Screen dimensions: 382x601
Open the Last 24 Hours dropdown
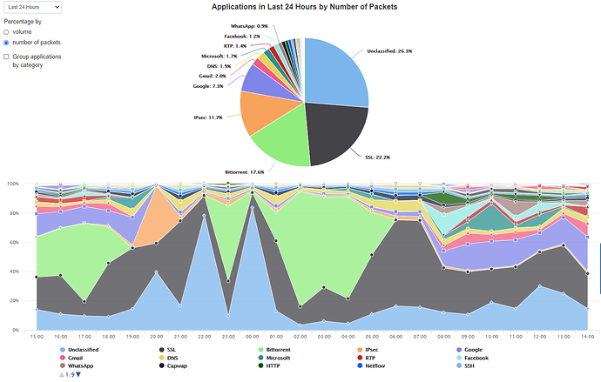pyautogui.click(x=31, y=7)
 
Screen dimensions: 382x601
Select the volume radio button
pyautogui.click(x=8, y=31)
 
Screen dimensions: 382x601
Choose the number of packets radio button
pyautogui.click(x=8, y=42)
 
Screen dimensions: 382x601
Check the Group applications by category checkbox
pyautogui.click(x=8, y=57)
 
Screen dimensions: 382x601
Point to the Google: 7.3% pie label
pyautogui.click(x=206, y=86)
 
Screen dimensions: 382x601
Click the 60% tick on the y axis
pyautogui.click(x=13, y=242)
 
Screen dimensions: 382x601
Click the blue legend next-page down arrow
pyautogui.click(x=78, y=374)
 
